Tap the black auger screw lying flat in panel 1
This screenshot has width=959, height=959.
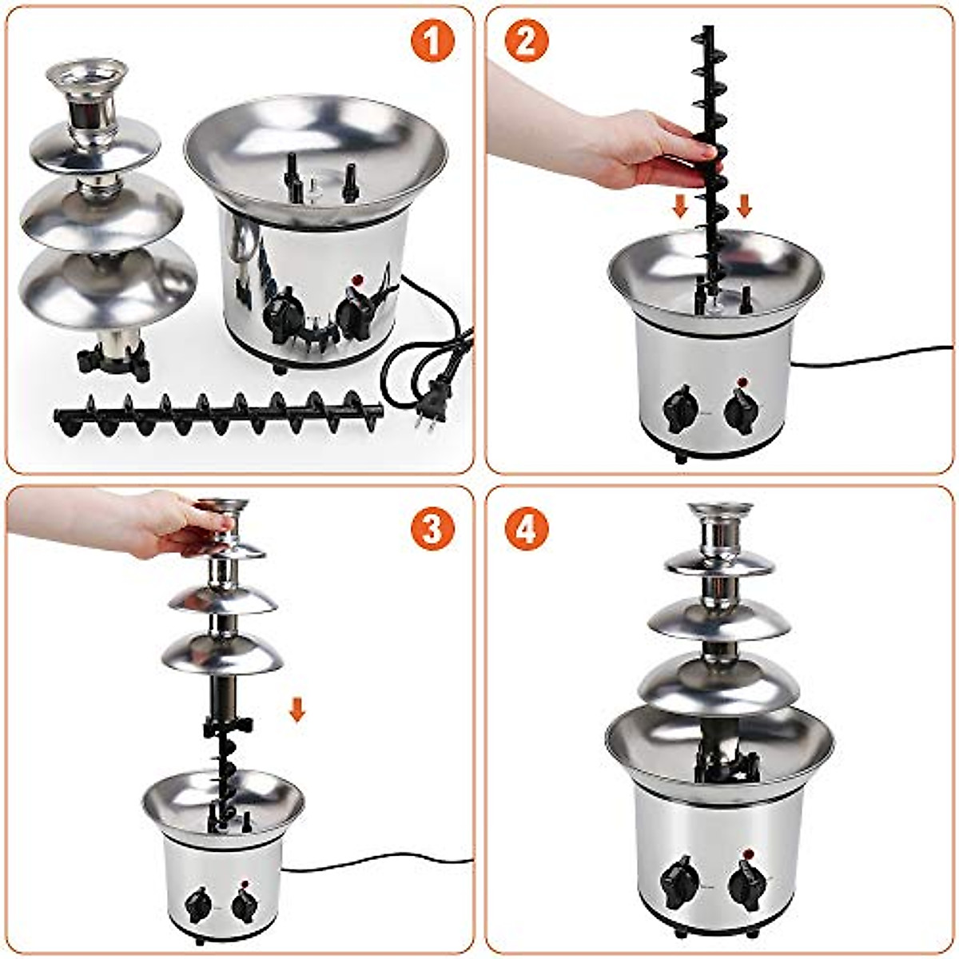click(x=216, y=412)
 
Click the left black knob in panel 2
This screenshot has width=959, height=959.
click(x=681, y=408)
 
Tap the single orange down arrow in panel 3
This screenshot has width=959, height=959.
click(x=297, y=709)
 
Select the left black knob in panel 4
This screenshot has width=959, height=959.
click(x=680, y=881)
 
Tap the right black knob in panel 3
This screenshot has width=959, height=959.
click(x=243, y=905)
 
